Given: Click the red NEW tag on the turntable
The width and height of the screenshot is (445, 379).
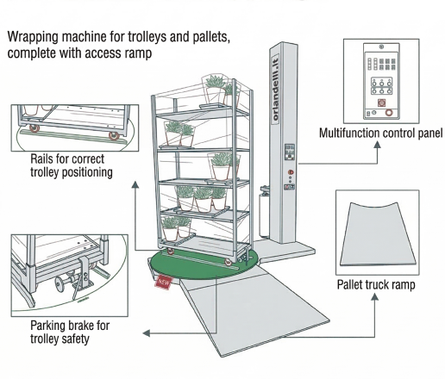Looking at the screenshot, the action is [x=164, y=283].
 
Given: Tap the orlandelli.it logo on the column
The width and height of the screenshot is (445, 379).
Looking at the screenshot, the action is [x=275, y=89].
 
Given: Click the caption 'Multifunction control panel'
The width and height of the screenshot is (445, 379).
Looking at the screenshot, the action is [x=381, y=134].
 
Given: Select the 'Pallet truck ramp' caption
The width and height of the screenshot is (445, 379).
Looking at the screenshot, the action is [x=376, y=285].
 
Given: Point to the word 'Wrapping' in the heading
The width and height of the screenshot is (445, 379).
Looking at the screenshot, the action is [x=34, y=37].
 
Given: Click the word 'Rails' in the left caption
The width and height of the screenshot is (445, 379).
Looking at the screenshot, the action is [x=41, y=158].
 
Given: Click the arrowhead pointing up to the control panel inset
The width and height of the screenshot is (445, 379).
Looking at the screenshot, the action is [x=378, y=144].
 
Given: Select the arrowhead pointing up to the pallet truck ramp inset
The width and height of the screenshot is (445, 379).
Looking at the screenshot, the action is [x=374, y=296].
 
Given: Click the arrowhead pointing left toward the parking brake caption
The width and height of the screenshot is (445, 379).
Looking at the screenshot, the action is [x=147, y=333].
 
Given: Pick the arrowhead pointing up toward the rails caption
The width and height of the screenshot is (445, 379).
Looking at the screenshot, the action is [x=135, y=184].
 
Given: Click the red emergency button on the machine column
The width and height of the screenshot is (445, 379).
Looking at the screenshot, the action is [x=291, y=172].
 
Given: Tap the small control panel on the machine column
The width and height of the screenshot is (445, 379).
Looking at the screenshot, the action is [x=289, y=152].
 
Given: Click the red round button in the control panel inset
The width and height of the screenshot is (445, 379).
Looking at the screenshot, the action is [x=389, y=113].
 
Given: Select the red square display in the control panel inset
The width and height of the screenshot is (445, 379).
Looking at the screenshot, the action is [x=381, y=103].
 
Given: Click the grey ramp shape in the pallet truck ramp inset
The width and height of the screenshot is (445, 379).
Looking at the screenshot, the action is [x=378, y=234].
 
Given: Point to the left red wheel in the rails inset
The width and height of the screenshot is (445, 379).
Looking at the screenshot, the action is [x=34, y=128].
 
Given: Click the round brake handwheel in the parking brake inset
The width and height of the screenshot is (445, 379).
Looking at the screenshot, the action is [x=60, y=284].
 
